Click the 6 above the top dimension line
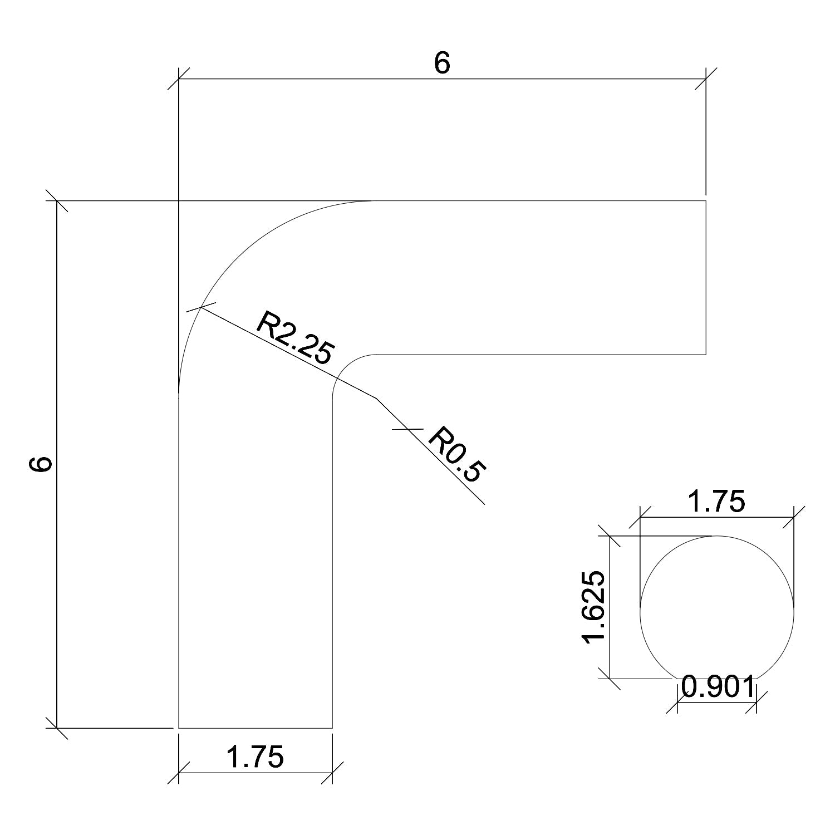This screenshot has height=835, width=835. [x=441, y=64]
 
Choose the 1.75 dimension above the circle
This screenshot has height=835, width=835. [x=717, y=502]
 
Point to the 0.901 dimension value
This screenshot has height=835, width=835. [x=717, y=688]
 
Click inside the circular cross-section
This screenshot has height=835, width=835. [x=717, y=612]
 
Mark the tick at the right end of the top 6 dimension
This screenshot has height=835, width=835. [x=706, y=78]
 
